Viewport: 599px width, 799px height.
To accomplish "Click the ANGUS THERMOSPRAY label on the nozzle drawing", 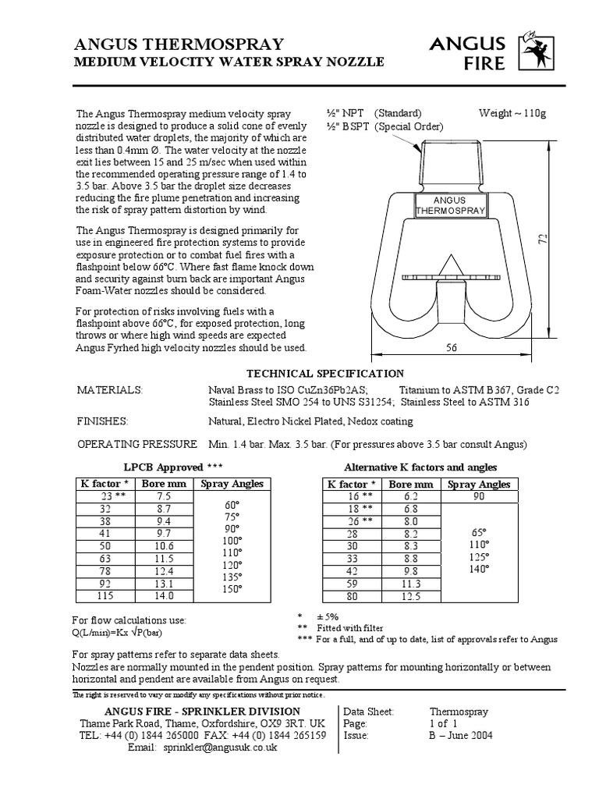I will click(450, 205).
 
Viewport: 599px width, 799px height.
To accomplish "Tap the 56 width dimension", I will click(451, 350).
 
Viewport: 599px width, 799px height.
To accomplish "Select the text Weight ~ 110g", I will click(512, 113).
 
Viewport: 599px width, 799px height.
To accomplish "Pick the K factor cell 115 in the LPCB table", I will click(104, 595).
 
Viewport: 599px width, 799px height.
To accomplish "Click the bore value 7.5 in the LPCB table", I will click(164, 496).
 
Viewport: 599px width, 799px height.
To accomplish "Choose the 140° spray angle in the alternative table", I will click(478, 570).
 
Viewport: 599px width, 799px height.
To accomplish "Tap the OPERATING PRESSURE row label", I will click(136, 444).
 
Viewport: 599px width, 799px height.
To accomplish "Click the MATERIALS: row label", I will click(109, 389).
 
